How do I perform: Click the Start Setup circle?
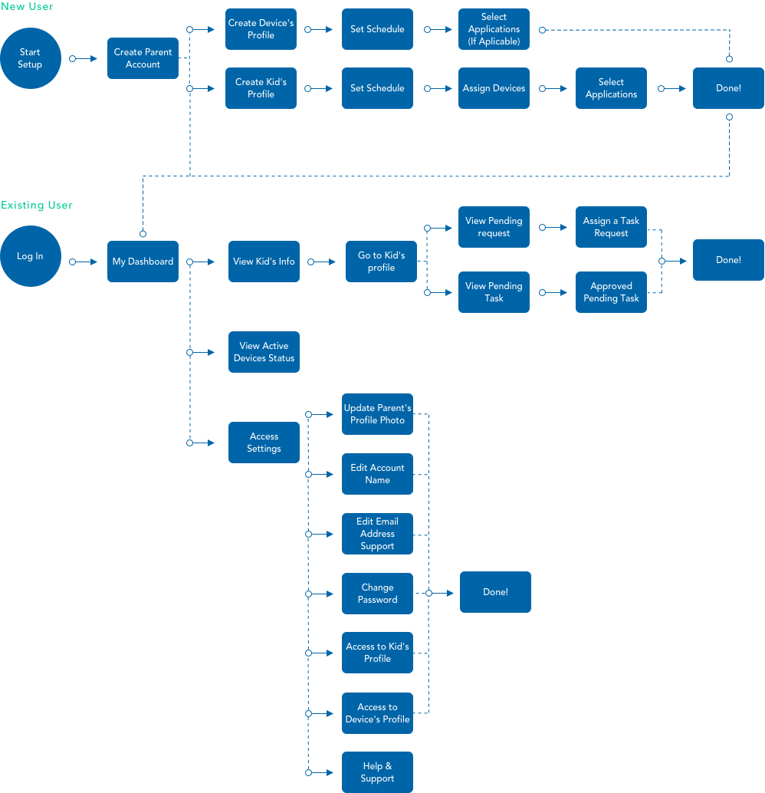(30, 58)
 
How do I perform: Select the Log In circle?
(30, 256)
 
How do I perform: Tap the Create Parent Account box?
(143, 58)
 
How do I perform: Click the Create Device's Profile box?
(261, 29)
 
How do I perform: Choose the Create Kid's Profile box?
(261, 88)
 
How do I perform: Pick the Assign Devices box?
(494, 88)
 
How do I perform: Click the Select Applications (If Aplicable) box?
(494, 29)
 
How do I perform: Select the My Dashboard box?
(143, 262)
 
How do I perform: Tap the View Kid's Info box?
(264, 262)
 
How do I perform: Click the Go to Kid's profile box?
(381, 262)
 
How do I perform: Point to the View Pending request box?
(494, 227)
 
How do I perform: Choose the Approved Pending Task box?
(611, 292)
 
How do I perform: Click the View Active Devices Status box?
(264, 352)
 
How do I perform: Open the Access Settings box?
(264, 443)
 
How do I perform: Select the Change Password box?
(377, 594)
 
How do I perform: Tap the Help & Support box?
(377, 772)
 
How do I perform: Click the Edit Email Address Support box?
(377, 534)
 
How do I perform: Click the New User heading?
(27, 7)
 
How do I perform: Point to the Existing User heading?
(37, 206)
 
